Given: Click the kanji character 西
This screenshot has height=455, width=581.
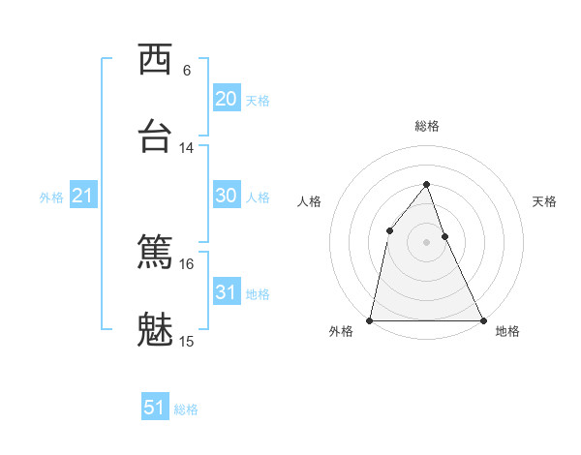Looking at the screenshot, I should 155,60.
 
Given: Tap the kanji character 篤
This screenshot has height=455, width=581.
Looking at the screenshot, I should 155,252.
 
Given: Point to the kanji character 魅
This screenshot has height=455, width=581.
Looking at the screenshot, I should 155,330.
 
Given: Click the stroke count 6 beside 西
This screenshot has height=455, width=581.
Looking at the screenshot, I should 187,71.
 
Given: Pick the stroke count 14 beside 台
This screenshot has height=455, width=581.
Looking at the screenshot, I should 187,148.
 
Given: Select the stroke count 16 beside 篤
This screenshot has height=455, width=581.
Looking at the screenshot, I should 187,263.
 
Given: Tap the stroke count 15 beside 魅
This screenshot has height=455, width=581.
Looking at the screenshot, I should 187,341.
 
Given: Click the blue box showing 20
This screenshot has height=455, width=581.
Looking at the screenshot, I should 226,99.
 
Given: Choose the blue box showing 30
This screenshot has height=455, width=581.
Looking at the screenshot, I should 226,196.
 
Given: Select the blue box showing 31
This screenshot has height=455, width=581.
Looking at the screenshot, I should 226,292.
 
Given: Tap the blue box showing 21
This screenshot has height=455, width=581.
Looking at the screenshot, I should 83,196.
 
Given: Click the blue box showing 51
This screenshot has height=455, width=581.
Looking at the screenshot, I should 155,408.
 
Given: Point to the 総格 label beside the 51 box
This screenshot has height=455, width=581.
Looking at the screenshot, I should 186,409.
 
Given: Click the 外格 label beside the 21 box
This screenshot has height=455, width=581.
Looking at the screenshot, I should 51,197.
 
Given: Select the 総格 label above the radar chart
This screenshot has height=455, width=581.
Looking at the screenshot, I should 426,126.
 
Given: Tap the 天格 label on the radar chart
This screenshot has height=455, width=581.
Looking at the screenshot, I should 544,201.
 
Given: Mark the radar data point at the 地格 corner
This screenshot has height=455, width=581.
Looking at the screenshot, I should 482,319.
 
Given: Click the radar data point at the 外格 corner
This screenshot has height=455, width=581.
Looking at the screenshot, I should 370,319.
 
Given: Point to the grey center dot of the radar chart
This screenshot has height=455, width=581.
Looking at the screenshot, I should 426,242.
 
